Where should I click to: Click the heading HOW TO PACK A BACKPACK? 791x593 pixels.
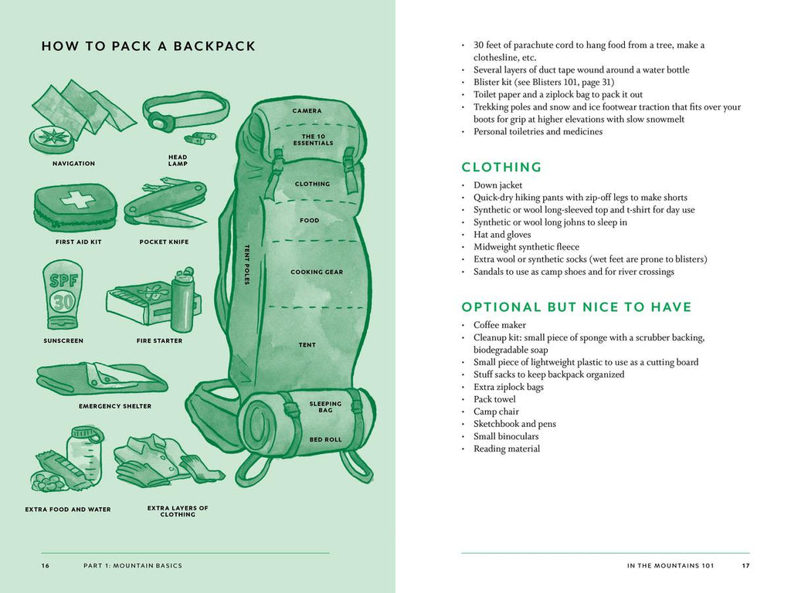(x=148, y=46)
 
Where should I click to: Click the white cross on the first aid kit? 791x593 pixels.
(x=77, y=200)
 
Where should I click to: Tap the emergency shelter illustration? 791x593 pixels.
(x=100, y=378)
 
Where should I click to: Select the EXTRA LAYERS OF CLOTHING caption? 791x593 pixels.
(x=178, y=511)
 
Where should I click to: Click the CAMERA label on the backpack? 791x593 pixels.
(x=307, y=111)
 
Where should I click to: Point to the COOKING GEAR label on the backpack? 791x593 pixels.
(x=317, y=272)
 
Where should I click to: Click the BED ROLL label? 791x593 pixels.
(x=325, y=439)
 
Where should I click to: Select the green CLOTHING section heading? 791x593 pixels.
(x=501, y=168)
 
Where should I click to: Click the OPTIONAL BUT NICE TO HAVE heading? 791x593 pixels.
(x=576, y=307)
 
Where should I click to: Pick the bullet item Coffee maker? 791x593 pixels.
(x=500, y=325)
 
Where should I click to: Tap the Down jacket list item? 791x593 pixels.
(x=497, y=185)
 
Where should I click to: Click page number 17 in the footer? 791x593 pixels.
(x=745, y=566)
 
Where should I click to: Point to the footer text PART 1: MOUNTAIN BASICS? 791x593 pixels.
(x=133, y=566)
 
